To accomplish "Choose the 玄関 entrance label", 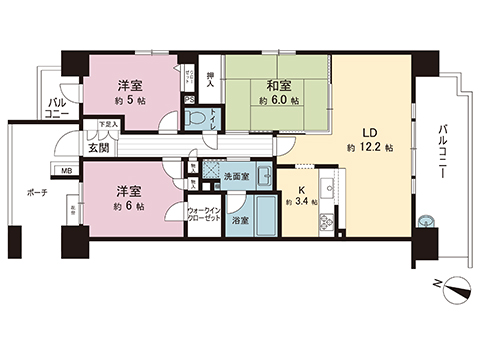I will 99,149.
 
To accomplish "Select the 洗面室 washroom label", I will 237,178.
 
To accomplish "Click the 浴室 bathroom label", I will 240,219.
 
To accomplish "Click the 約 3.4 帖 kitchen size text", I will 301,202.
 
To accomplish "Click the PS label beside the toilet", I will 189,98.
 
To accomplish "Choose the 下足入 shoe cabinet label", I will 106,125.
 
